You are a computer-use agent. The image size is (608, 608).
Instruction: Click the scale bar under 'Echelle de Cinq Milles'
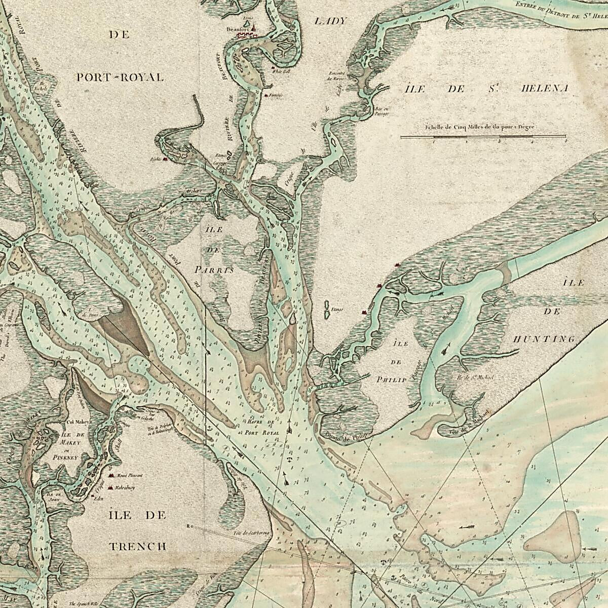pos(483,136)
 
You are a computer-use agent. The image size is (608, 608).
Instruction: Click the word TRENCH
pos(138,546)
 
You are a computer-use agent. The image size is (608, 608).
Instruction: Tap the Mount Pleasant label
pos(130,476)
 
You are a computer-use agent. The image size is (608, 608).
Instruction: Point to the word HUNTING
pos(544,339)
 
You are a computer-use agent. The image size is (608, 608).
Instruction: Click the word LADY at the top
pos(330,21)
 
